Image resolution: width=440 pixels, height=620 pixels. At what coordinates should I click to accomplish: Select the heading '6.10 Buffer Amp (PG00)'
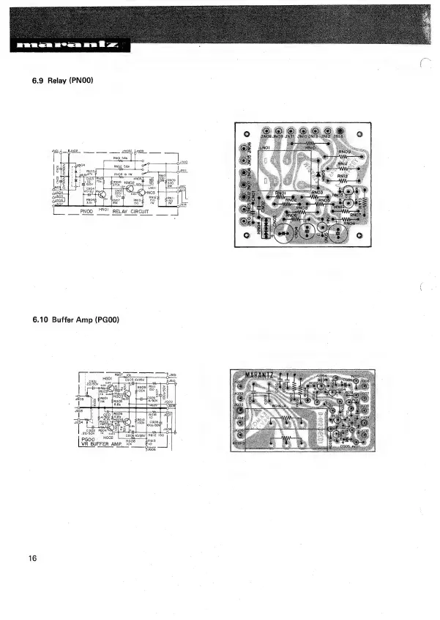(x=75, y=320)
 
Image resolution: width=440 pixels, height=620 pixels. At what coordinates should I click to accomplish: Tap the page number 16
(x=33, y=559)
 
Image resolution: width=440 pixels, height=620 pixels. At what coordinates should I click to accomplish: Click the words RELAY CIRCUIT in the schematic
(x=131, y=211)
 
